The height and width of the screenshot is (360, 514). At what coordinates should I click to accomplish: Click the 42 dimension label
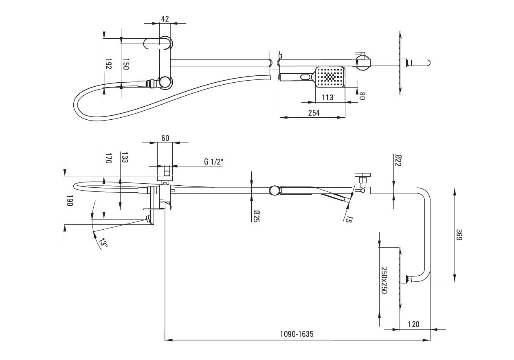(x=165, y=19)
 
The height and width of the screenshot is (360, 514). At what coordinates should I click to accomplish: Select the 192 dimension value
(x=108, y=64)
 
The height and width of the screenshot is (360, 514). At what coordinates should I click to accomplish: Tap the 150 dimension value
(x=126, y=64)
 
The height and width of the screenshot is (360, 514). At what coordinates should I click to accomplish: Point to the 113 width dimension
(x=327, y=97)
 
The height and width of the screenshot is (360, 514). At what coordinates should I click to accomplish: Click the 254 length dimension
(x=314, y=113)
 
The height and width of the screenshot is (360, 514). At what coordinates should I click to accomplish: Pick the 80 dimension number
(x=362, y=96)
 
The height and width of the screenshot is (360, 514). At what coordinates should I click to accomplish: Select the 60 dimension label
(x=165, y=138)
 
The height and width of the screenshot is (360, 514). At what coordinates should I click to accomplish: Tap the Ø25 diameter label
(x=257, y=216)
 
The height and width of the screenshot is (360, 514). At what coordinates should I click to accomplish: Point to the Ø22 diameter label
(x=398, y=160)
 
